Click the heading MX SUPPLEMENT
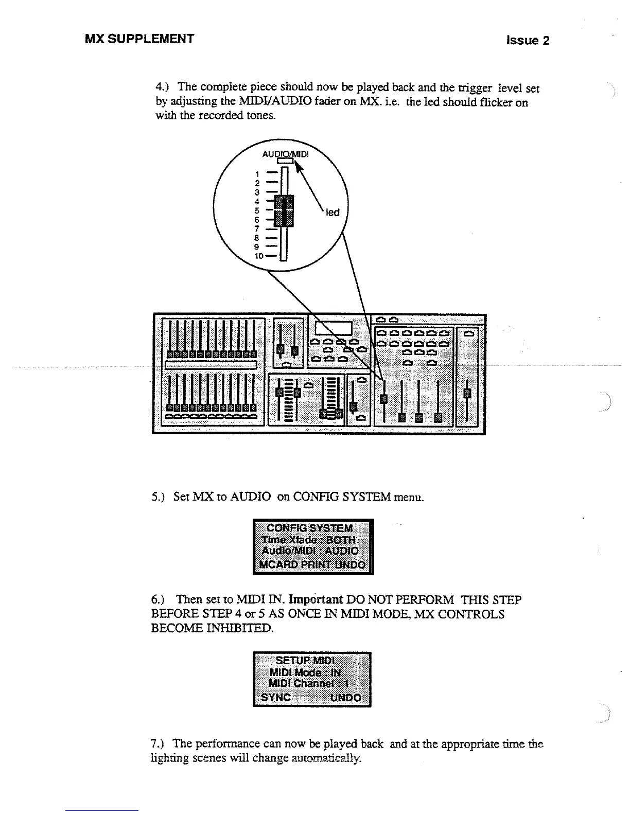(139, 39)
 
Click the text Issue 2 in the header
(528, 41)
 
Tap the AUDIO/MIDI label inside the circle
(285, 154)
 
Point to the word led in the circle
(333, 212)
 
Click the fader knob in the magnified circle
(284, 210)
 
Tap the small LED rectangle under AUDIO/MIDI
(285, 161)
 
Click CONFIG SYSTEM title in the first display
(310, 528)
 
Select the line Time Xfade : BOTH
(309, 540)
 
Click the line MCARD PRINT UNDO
(313, 564)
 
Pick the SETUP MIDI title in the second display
(305, 660)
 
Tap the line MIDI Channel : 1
(308, 684)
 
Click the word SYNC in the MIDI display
(276, 698)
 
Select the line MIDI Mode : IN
(305, 672)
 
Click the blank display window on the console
(334, 328)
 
